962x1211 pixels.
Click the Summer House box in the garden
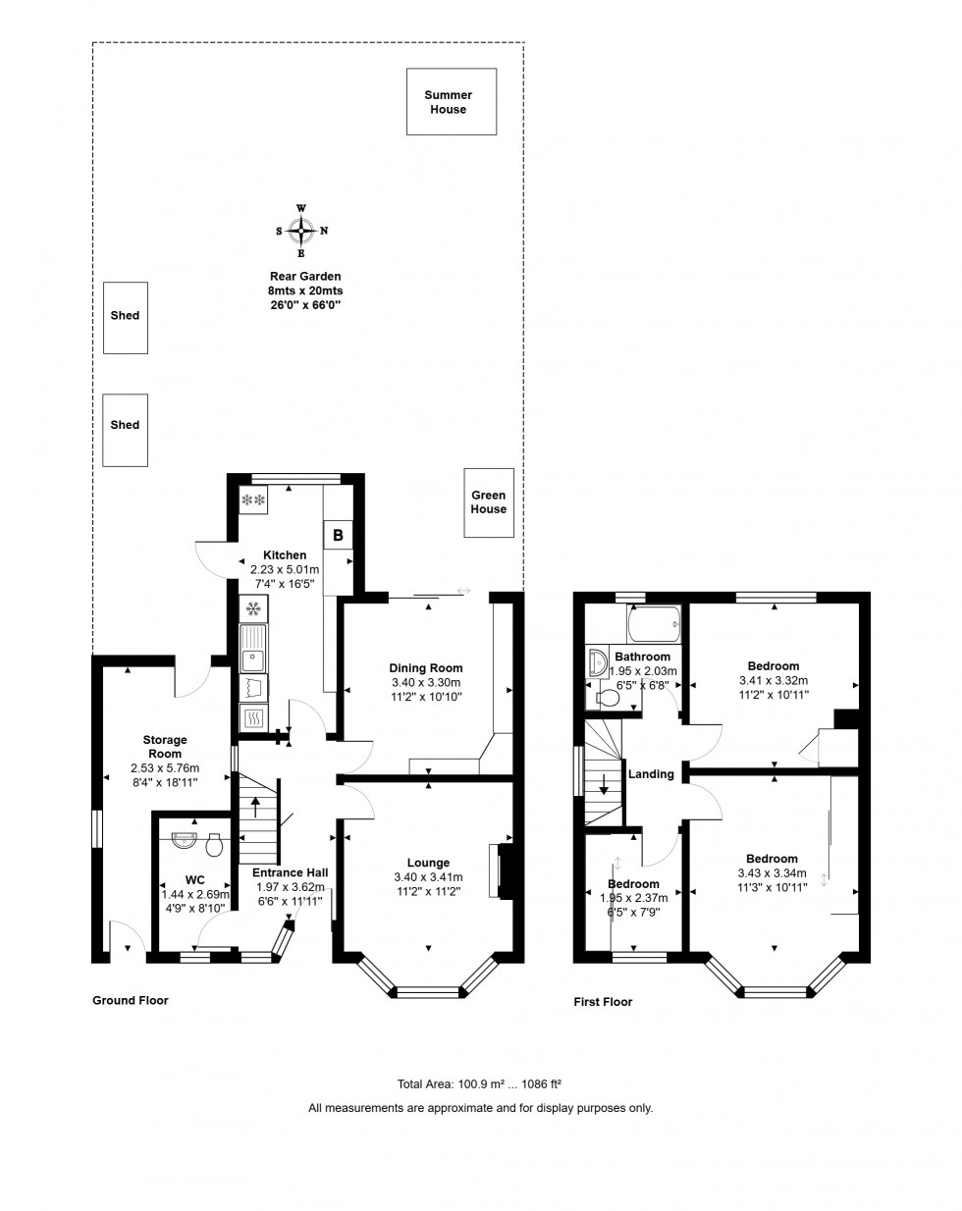448,102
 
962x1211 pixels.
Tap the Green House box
489,502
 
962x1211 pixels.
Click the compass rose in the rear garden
301,231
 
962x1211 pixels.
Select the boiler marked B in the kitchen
339,536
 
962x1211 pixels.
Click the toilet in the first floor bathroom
608,698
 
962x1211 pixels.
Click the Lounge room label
428,864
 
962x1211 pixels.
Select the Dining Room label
426,668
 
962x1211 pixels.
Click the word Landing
651,774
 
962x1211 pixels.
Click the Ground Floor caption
131,1001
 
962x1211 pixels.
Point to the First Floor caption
603,1002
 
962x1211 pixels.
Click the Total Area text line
479,1084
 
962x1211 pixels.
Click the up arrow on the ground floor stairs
257,807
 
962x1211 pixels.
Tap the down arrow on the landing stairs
604,785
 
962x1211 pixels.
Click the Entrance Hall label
291,872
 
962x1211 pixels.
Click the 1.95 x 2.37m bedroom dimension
633,897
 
